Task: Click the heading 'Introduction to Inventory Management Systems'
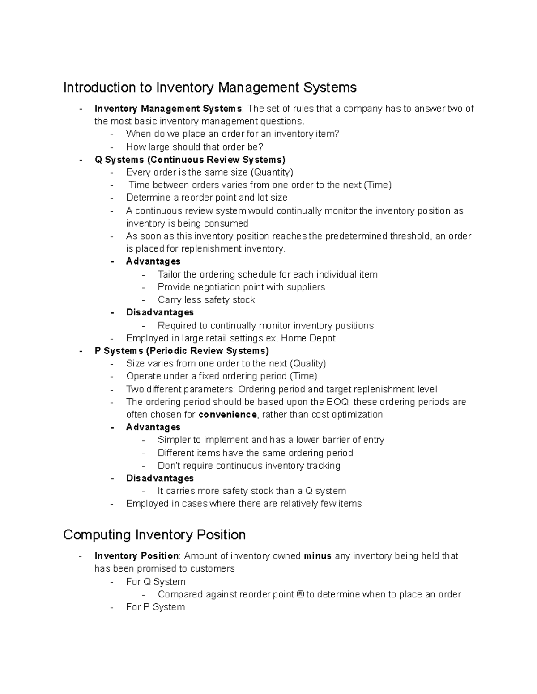[x=210, y=87]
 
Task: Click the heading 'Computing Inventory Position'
[x=154, y=534]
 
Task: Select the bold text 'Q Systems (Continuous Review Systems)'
[x=190, y=160]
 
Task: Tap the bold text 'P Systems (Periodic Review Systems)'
[x=182, y=351]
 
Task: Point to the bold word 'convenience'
[x=227, y=415]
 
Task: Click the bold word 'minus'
[x=317, y=556]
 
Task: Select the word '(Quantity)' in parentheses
[x=271, y=172]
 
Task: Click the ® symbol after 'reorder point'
[x=300, y=594]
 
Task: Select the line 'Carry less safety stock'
[x=206, y=300]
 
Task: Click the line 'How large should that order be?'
[x=195, y=147]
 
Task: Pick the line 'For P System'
[x=155, y=607]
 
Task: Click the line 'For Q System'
[x=156, y=582]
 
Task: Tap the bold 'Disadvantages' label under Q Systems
[x=160, y=312]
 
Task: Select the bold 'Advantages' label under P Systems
[x=153, y=427]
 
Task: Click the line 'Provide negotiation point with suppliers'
[x=241, y=287]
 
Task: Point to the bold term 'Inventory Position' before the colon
[x=136, y=556]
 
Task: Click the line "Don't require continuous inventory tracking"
[x=249, y=466]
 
